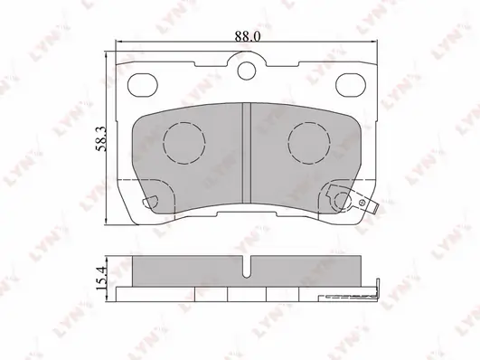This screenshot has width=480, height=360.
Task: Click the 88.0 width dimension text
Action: (x=248, y=36)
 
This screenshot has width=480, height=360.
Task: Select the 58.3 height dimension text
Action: (x=101, y=138)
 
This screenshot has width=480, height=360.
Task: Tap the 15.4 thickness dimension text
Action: (x=101, y=278)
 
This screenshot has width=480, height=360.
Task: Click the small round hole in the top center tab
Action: (x=247, y=71)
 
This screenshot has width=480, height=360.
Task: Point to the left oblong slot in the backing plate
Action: (x=142, y=85)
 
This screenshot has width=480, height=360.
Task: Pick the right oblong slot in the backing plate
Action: (x=351, y=85)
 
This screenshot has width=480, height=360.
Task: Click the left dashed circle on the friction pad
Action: (x=184, y=143)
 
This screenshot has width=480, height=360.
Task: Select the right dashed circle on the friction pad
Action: (x=309, y=143)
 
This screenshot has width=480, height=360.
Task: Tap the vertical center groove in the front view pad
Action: (x=247, y=153)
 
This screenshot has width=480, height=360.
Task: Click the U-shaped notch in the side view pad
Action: (x=247, y=267)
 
